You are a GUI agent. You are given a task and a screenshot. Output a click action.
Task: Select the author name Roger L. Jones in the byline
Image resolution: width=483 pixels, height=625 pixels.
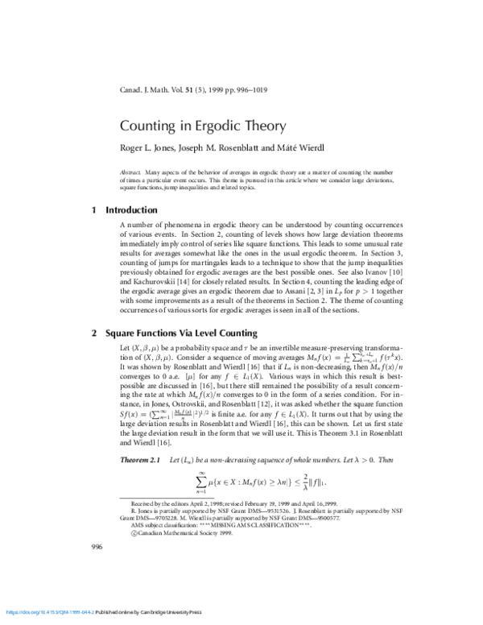coord(147,149)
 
